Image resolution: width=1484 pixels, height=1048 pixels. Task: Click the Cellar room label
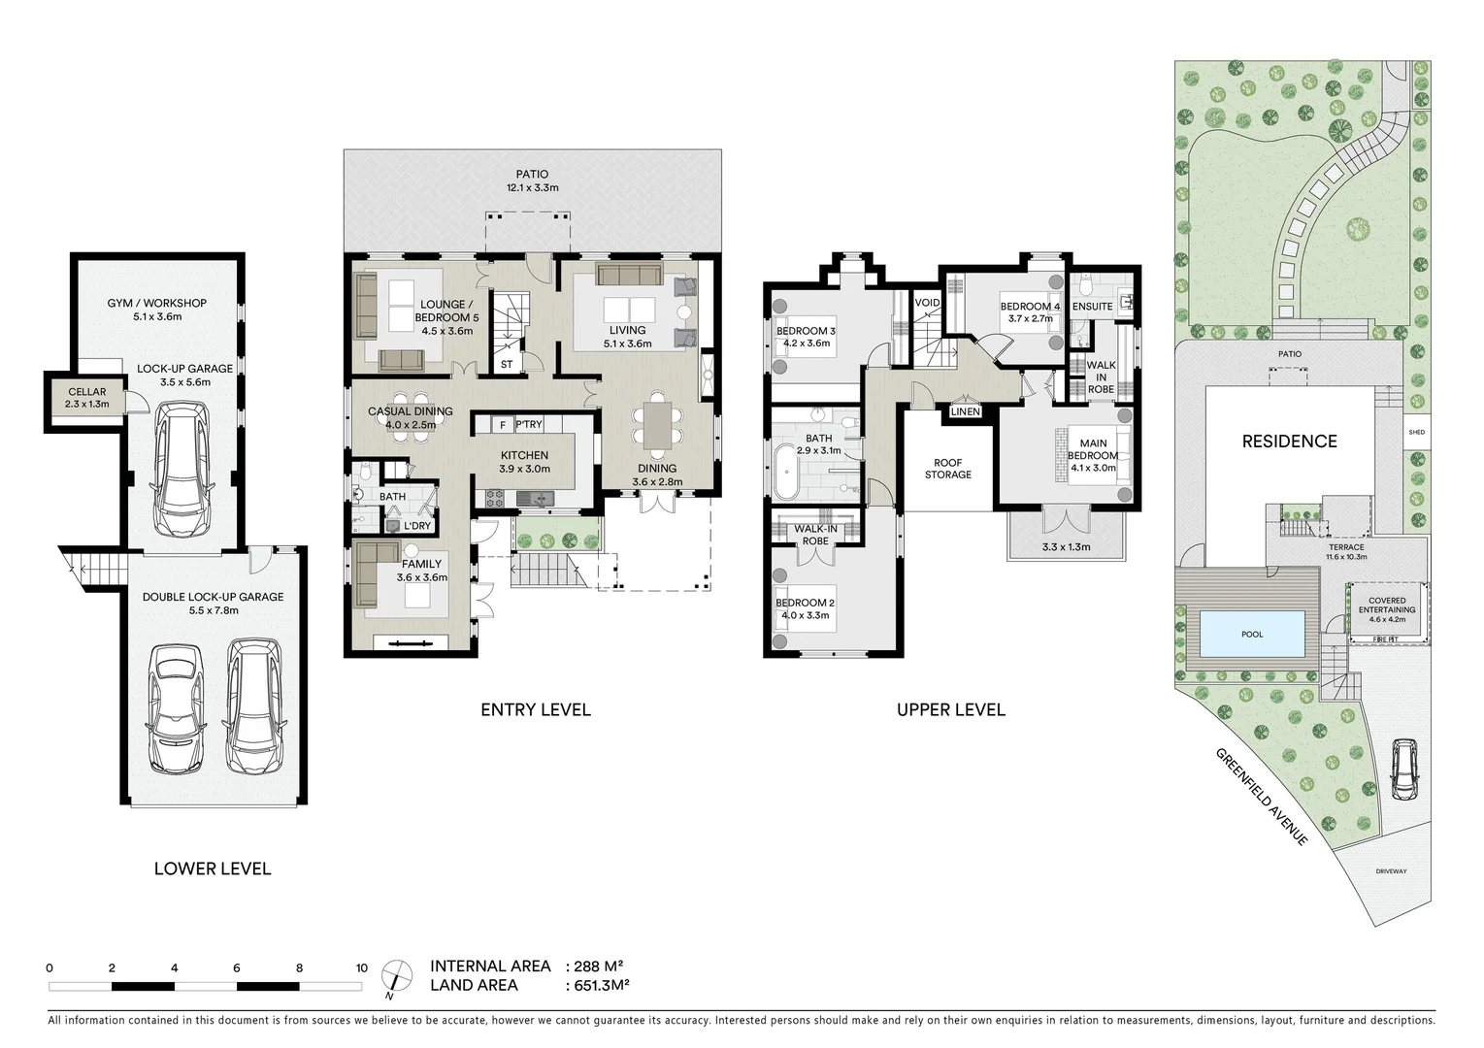click(87, 392)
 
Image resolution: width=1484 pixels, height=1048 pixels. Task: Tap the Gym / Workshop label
click(156, 303)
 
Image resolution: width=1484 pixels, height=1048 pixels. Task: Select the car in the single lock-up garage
click(182, 472)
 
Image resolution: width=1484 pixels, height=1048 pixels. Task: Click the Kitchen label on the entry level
click(524, 455)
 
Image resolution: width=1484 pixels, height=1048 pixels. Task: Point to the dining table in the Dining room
click(657, 426)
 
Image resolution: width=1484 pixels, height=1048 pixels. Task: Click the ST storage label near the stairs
click(507, 365)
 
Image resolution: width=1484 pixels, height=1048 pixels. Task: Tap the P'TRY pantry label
click(529, 425)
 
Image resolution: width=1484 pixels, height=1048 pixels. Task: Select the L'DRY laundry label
click(417, 526)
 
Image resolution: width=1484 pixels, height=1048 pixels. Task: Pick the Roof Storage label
click(947, 469)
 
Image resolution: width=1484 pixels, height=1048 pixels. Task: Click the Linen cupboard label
click(965, 411)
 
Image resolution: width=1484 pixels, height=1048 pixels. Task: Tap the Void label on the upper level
click(927, 303)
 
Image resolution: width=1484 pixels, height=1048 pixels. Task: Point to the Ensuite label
click(1092, 307)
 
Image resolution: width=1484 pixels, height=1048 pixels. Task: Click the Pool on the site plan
click(1252, 634)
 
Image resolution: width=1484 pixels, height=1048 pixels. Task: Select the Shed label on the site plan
click(1416, 432)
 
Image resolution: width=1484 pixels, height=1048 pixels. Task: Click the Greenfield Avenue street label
click(1262, 797)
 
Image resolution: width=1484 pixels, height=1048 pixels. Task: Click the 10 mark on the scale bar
click(361, 967)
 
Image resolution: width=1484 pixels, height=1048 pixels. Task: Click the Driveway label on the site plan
click(1390, 871)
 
